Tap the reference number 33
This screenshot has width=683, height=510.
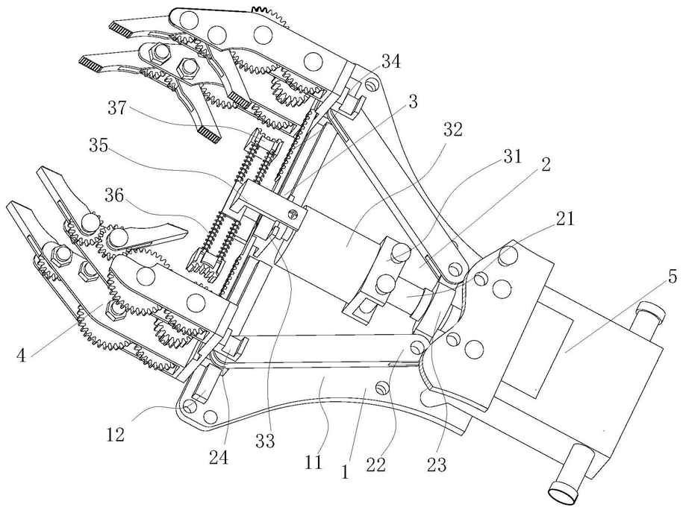[x=265, y=441]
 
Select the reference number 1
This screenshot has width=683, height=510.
[x=345, y=471]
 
